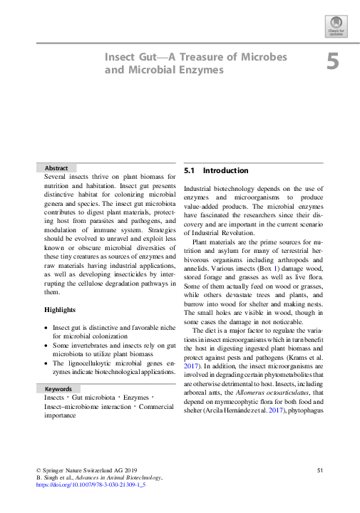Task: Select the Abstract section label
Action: tap(56, 167)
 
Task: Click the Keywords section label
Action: tap(58, 390)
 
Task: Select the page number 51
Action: tap(320, 470)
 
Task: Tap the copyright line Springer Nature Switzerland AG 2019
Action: tap(86, 470)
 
